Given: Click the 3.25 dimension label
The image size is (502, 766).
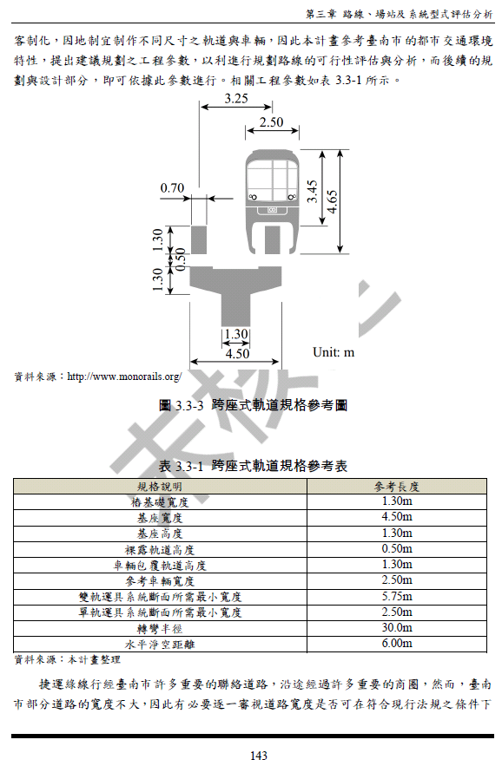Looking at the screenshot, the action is point(236,98).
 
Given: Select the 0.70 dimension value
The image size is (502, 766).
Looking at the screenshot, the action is point(172,188).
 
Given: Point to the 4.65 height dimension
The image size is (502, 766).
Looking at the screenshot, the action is point(333,202).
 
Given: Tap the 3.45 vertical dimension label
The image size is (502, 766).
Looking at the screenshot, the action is point(313,192).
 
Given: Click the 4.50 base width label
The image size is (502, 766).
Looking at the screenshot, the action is point(237,353).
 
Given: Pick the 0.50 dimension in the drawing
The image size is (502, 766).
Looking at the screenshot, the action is point(181,259).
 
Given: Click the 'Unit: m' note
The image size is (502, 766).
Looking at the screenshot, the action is point(334,352).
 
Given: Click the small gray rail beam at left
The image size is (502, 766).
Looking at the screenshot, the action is point(199,240).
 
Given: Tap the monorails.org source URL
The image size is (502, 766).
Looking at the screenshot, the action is point(124,376).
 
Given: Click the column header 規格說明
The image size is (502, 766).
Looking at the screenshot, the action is point(160,487).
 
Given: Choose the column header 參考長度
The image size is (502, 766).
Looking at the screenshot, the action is point(397,487).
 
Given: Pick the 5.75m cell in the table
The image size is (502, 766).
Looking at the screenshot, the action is point(397,597).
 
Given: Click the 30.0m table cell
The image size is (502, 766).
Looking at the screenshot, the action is point(397,628).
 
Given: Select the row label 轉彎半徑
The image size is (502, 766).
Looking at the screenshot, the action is point(160,629).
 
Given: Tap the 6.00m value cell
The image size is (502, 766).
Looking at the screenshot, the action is point(397,644).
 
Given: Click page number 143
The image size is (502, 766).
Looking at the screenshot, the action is point(259,756).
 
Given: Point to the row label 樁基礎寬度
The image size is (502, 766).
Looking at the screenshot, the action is point(160,502).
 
